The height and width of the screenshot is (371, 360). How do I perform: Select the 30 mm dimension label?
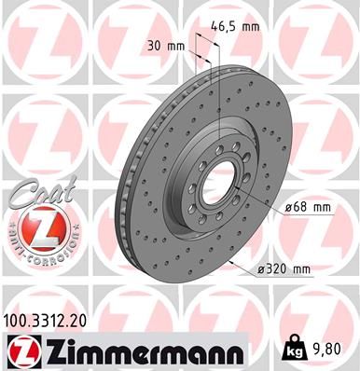(162, 44)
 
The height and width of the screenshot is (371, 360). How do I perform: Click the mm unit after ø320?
(299, 270)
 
